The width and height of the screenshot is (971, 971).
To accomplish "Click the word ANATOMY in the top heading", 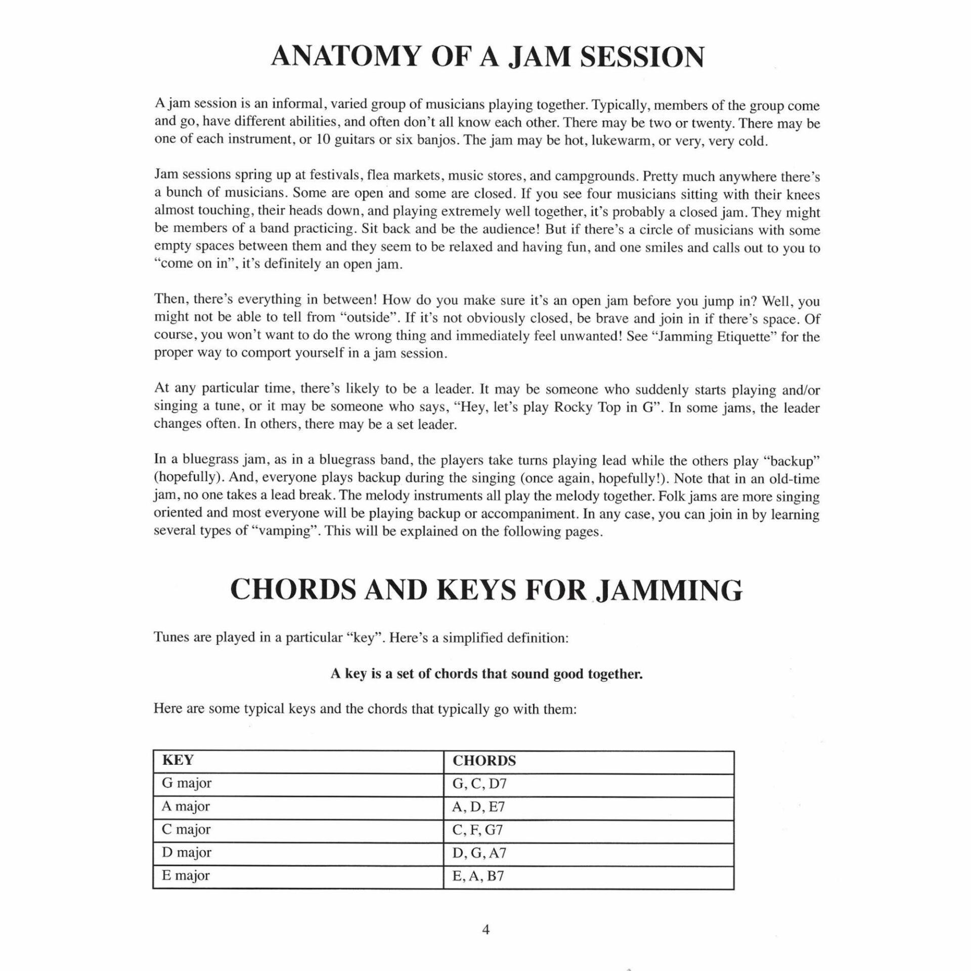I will pyautogui.click(x=345, y=57).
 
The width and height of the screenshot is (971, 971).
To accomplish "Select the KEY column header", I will pyautogui.click(x=178, y=761).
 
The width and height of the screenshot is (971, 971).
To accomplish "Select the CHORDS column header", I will pyautogui.click(x=484, y=761).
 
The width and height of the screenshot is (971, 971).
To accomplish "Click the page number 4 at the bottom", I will pyautogui.click(x=486, y=930).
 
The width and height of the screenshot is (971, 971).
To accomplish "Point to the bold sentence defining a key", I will pyautogui.click(x=487, y=674).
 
